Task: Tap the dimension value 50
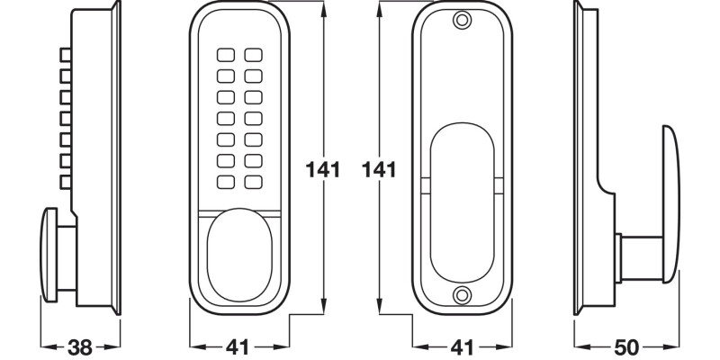(x=626, y=346)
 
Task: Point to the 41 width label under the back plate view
(x=462, y=346)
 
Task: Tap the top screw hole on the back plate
(x=462, y=21)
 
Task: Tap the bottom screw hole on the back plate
(x=462, y=294)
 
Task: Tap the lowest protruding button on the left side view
(x=65, y=184)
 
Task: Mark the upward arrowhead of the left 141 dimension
(x=322, y=7)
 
